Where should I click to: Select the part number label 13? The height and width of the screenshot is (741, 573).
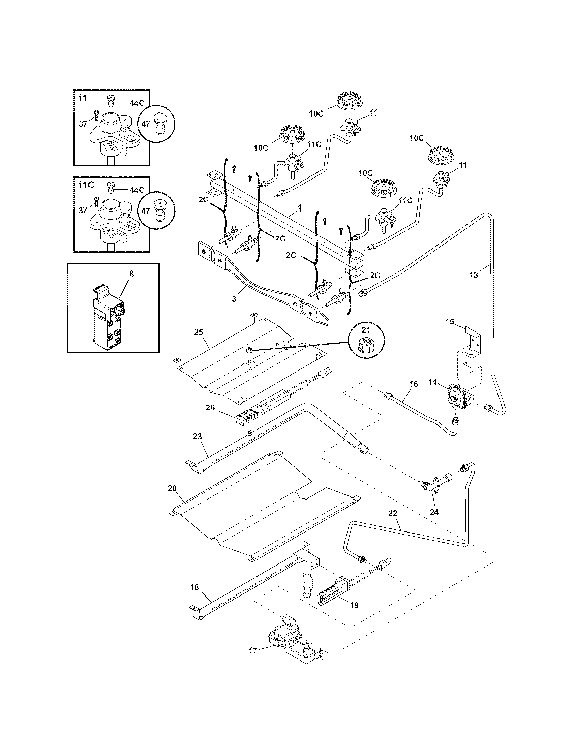pyautogui.click(x=474, y=275)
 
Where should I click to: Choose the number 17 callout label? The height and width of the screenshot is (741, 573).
pyautogui.click(x=252, y=660)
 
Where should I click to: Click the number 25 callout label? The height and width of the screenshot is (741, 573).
pyautogui.click(x=198, y=332)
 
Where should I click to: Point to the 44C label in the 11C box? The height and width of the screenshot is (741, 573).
pyautogui.click(x=137, y=190)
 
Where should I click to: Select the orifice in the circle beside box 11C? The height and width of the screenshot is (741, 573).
pyautogui.click(x=158, y=211)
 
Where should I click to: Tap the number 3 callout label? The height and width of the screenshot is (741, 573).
pyautogui.click(x=234, y=299)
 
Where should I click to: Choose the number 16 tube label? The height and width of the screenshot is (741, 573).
pyautogui.click(x=414, y=384)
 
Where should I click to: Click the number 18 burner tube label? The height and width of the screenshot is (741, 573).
pyautogui.click(x=194, y=587)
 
